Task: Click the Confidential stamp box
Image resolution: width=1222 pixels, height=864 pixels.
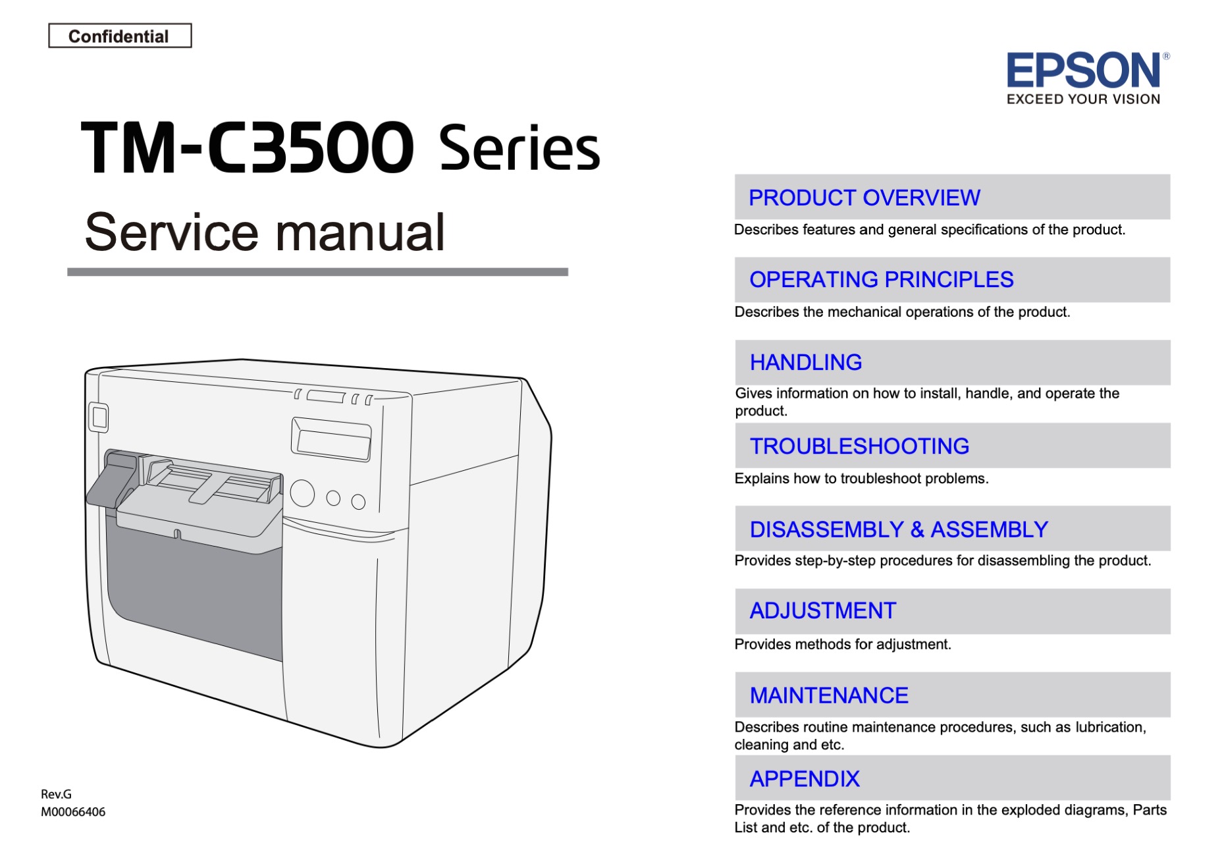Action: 120,36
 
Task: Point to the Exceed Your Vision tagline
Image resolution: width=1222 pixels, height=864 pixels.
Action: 1083,99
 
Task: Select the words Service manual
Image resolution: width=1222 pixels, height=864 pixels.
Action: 265,232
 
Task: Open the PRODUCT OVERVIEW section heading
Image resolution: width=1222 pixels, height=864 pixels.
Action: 864,198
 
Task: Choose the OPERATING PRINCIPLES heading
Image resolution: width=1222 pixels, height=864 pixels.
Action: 881,280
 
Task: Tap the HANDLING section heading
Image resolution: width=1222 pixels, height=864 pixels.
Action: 805,362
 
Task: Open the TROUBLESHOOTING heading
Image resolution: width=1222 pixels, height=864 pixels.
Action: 859,446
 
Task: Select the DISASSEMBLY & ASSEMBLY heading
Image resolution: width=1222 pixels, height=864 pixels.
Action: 899,529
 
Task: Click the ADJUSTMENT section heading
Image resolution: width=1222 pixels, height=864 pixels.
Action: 823,611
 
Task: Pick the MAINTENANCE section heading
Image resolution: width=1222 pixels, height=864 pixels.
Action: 829,695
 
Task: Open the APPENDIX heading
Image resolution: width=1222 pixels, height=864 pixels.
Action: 805,779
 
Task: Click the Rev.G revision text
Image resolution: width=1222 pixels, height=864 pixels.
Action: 56,794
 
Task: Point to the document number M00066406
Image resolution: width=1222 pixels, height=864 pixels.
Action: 73,812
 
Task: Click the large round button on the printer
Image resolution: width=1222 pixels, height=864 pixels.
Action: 302,493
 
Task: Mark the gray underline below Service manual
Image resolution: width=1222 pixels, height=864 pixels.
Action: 317,272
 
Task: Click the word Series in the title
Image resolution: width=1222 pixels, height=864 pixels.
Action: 519,148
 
